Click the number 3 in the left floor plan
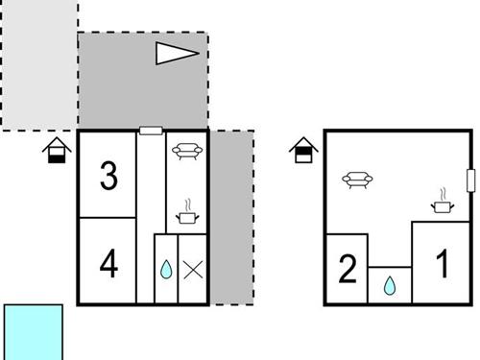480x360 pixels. (x=108, y=176)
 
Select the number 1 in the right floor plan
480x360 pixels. (x=443, y=264)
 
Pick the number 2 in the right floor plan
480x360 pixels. (x=348, y=269)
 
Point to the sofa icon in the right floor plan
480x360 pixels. (x=358, y=178)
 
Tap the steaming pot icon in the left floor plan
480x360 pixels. (x=188, y=213)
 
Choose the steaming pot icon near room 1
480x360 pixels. (x=443, y=202)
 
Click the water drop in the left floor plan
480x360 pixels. (x=165, y=270)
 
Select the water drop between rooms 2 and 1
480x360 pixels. (x=390, y=285)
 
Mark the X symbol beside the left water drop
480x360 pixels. (x=193, y=270)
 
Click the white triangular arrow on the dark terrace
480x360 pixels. (x=178, y=54)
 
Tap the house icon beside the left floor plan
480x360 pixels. (x=57, y=150)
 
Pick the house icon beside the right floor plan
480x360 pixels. (x=302, y=150)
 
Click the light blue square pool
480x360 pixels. (x=34, y=332)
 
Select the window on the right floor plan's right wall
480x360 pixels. (x=470, y=180)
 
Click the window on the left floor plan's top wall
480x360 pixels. (x=151, y=131)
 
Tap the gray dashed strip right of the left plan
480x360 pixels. (x=231, y=217)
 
